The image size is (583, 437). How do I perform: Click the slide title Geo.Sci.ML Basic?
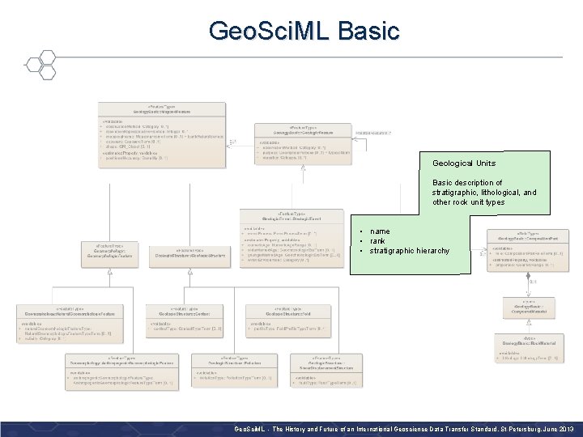[x=304, y=31]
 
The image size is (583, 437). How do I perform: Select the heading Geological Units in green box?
[x=463, y=163]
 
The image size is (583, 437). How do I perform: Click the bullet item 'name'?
[x=380, y=231]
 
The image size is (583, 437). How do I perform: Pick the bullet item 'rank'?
[x=377, y=241]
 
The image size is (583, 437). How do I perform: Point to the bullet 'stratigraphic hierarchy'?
[x=409, y=251]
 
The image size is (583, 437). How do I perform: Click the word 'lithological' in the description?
[x=503, y=193]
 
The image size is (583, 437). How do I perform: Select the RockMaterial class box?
[x=529, y=348]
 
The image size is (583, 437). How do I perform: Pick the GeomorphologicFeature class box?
[x=107, y=252]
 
